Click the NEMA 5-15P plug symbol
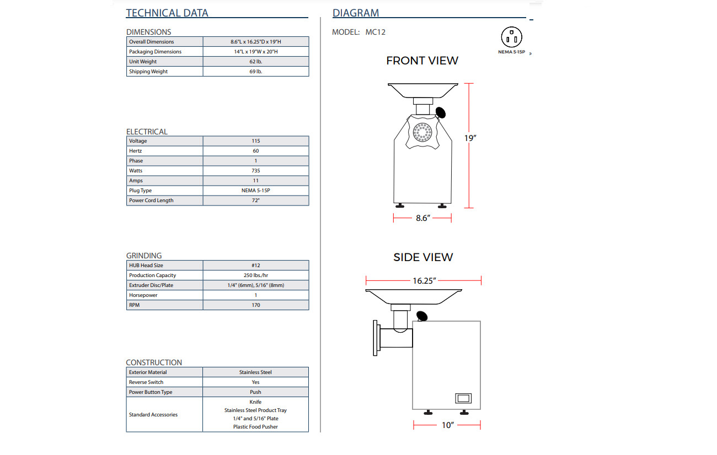coord(511,37)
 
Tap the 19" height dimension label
coord(470,138)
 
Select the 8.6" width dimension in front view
coord(422,218)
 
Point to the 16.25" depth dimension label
coord(424,281)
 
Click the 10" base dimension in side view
coord(447,425)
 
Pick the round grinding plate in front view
coord(422,132)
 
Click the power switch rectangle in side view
coord(463,398)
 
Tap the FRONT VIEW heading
coord(422,61)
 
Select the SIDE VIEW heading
coord(423,257)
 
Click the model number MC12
coord(376,32)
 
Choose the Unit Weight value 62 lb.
coord(256,62)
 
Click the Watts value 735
coord(256,171)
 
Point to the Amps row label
coord(136,181)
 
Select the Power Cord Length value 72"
coord(256,201)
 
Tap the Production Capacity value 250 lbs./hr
coord(256,275)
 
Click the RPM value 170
coord(256,305)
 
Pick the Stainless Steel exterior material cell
coord(255,372)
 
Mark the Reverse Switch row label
coord(146,382)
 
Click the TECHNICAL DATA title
coord(167,13)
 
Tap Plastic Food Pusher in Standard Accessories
coord(255,427)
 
